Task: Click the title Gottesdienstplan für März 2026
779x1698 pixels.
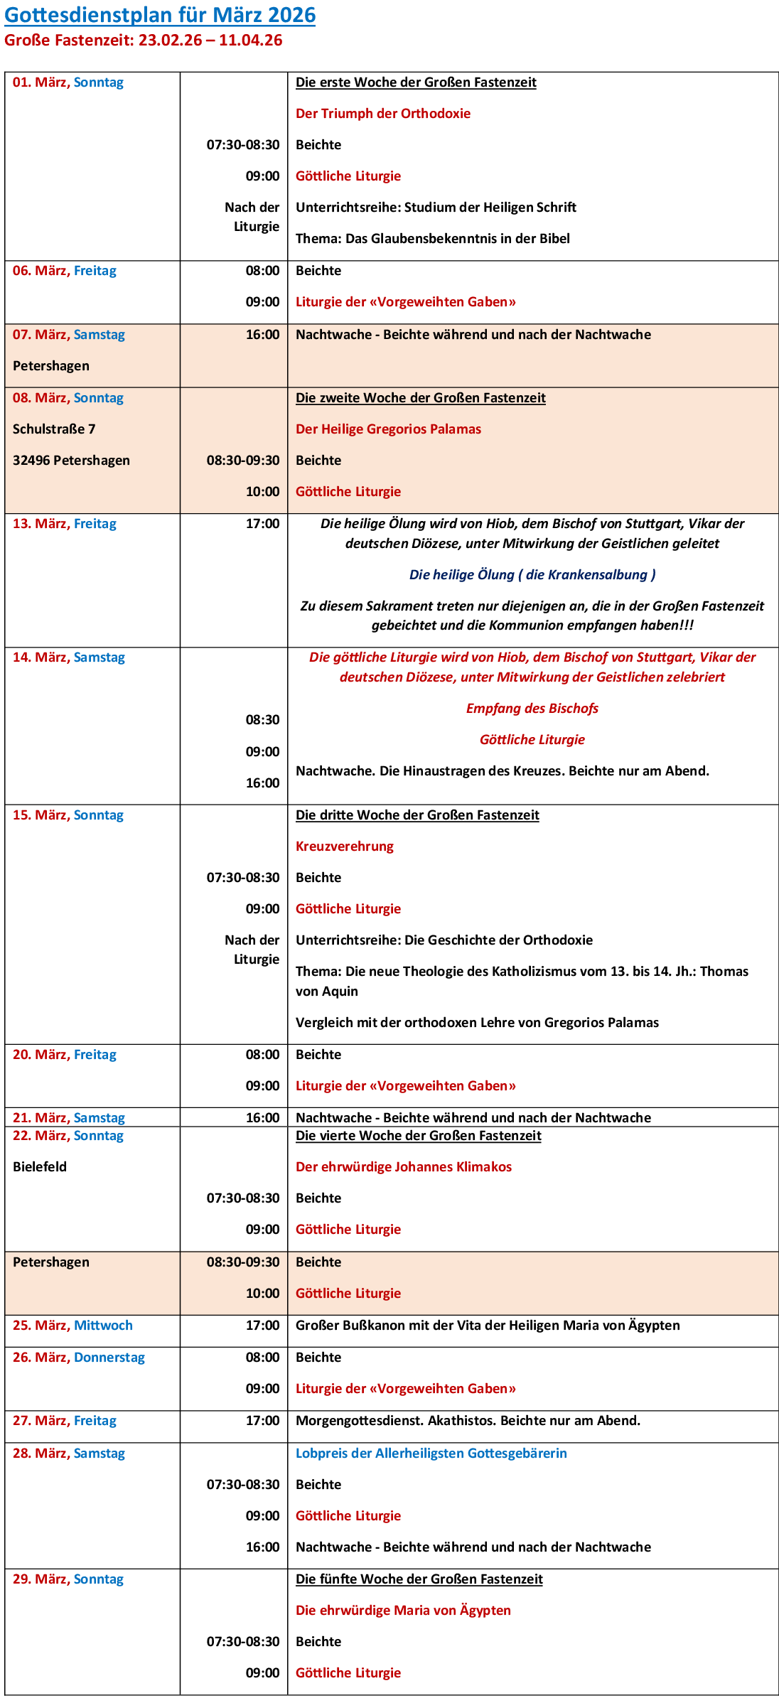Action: point(160,15)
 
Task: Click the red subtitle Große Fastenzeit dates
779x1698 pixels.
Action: point(143,41)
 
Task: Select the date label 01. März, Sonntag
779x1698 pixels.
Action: point(68,82)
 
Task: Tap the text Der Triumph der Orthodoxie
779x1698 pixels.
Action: point(383,114)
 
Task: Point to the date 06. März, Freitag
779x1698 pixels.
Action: point(65,271)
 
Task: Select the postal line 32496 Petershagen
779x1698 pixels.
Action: point(71,461)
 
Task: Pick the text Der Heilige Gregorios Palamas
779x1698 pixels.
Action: point(388,429)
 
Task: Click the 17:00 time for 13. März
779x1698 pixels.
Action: point(262,524)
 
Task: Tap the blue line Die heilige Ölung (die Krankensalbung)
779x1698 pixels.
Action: point(532,575)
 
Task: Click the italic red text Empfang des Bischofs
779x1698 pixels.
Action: point(532,709)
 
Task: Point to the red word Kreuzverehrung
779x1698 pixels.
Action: point(345,847)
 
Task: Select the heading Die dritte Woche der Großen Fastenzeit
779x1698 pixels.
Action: point(417,815)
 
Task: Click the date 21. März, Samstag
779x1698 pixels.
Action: point(69,1118)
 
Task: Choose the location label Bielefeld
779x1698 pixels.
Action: point(40,1167)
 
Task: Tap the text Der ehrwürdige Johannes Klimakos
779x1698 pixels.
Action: point(404,1167)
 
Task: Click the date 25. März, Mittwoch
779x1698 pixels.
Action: point(72,1326)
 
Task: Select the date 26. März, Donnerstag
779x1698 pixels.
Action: point(79,1358)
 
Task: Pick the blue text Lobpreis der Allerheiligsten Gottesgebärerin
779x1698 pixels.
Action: point(431,1453)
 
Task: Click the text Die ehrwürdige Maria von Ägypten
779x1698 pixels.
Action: point(403,1611)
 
